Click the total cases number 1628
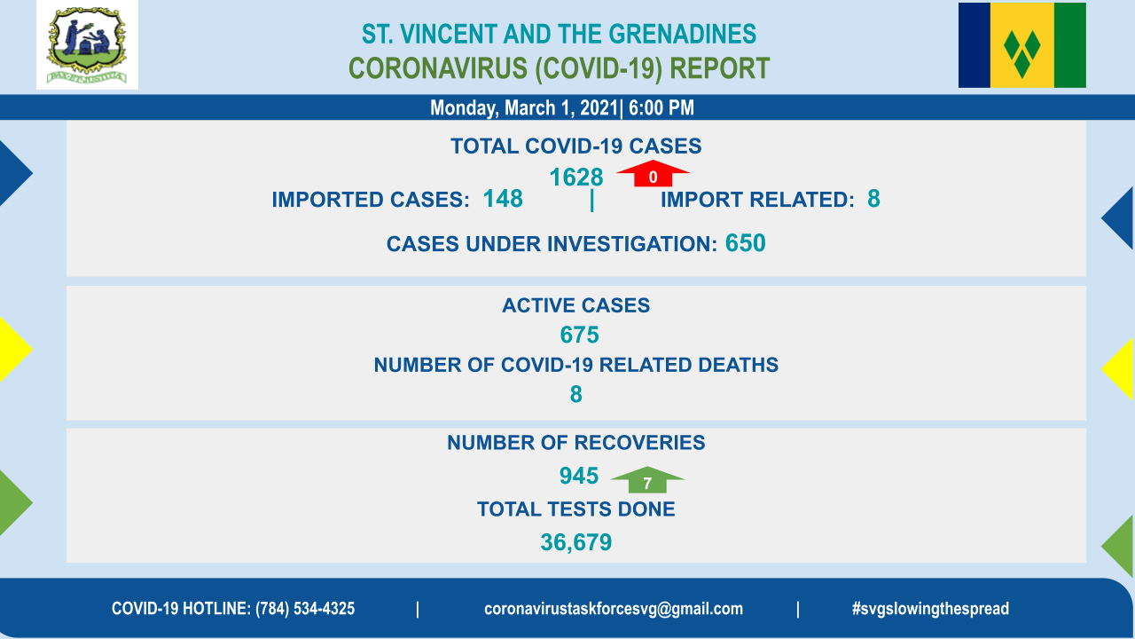[576, 177]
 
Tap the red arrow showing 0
[653, 173]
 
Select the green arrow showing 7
[647, 480]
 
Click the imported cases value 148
[503, 199]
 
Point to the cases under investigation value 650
[746, 243]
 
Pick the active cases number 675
[579, 335]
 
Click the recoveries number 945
[579, 476]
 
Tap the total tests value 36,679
[576, 542]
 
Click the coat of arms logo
[87, 45]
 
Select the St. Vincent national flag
[1022, 45]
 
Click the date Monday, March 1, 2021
[524, 108]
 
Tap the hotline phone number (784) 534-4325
[305, 609]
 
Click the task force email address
[614, 609]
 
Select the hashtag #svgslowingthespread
[930, 609]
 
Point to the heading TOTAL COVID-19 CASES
[576, 146]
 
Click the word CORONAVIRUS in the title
[438, 68]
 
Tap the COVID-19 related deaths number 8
[576, 395]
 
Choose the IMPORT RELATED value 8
[873, 199]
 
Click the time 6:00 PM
[661, 108]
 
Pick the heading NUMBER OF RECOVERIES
[576, 443]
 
